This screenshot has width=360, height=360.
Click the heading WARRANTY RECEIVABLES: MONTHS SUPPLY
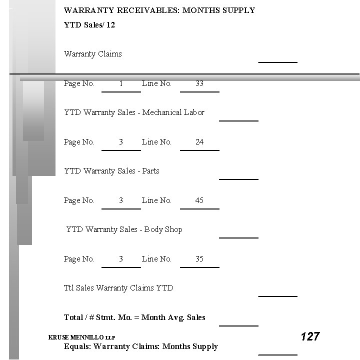coord(159,10)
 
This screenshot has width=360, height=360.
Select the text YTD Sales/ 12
coord(89,24)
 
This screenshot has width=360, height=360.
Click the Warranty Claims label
coord(93,54)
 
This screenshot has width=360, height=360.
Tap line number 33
coord(199,83)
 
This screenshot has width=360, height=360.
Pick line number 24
coord(199,142)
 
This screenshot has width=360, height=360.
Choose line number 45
coord(199,200)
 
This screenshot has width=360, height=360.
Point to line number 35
coord(199,259)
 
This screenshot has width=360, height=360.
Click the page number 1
coord(121,83)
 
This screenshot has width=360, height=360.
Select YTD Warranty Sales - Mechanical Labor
coord(134,112)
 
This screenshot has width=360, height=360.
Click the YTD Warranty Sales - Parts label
coord(111,171)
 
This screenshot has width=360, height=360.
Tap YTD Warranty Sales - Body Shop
coord(124,229)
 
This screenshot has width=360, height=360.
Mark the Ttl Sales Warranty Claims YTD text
coord(118,288)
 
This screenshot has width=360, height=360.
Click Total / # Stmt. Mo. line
coord(134,317)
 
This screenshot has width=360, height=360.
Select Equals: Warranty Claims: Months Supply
coord(141,346)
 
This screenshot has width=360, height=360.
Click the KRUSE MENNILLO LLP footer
coord(81,337)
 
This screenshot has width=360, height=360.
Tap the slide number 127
coord(310,336)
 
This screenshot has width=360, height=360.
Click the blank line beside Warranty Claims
coord(277,61)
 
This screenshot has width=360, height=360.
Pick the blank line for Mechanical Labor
coord(238,119)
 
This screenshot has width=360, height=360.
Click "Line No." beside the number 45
coord(156,200)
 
